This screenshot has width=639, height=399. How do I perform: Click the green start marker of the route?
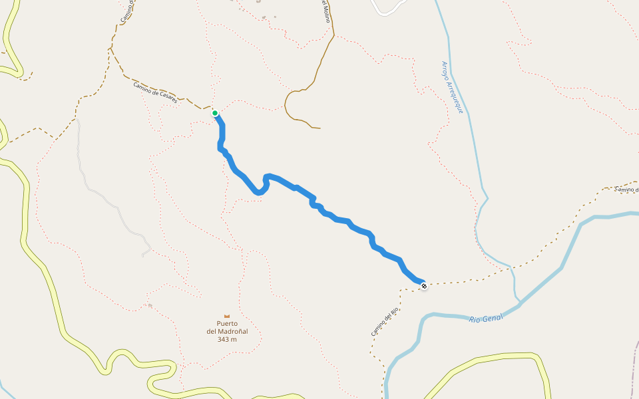[x=215, y=113]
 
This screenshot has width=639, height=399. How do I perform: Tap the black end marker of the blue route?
[x=424, y=286]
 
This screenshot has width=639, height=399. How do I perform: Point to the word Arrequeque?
[x=457, y=98]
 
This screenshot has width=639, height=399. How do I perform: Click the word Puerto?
[x=227, y=324]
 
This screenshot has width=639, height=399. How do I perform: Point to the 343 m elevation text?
[x=227, y=339]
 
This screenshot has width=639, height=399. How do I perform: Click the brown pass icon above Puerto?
[x=227, y=315]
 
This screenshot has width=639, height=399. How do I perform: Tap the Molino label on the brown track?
[x=325, y=11]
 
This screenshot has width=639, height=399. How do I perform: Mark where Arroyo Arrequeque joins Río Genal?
[x=519, y=303]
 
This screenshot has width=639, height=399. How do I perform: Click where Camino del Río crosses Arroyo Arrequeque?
[x=511, y=268]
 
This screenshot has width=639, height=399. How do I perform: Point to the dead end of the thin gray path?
[x=143, y=255]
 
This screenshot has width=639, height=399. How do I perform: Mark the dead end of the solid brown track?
[x=320, y=128]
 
